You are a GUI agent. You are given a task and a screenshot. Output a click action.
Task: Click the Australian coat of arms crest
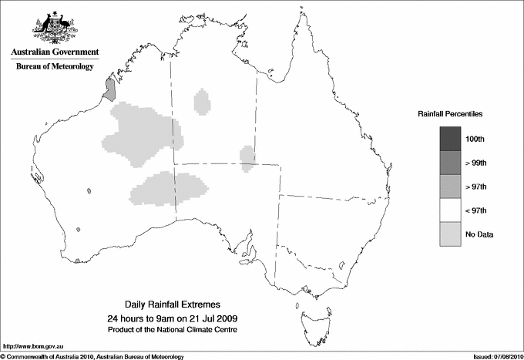(54, 28)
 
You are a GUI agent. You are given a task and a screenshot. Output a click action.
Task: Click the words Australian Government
(54, 53)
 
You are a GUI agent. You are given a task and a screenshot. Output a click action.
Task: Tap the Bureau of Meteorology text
(55, 67)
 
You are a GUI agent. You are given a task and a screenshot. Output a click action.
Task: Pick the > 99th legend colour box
(451, 162)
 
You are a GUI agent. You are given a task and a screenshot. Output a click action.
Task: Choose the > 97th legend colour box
(451, 186)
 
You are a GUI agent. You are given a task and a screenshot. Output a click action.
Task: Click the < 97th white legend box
(451, 210)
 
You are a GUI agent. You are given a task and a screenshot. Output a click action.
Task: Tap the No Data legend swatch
(451, 234)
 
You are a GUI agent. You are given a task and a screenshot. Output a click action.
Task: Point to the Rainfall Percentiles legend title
(450, 114)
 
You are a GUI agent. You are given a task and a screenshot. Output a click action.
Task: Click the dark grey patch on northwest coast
(110, 90)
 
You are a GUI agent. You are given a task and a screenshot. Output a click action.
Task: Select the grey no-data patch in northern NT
(203, 102)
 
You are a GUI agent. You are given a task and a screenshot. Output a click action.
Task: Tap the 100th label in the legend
(475, 139)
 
